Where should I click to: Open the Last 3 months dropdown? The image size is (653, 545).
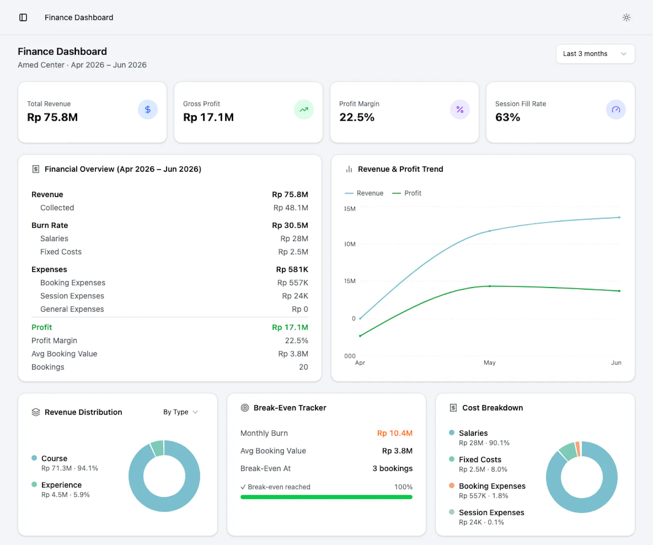click(595, 54)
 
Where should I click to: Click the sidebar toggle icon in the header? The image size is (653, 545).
click(23, 18)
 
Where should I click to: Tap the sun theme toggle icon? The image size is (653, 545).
click(626, 18)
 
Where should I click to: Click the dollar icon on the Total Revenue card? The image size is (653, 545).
click(148, 110)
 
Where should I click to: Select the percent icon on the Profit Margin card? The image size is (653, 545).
click(460, 110)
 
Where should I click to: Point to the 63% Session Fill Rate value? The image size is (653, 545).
click(508, 117)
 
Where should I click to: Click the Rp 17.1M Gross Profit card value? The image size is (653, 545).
click(209, 117)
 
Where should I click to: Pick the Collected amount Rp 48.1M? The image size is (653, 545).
click(291, 208)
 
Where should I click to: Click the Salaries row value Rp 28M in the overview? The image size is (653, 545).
click(294, 239)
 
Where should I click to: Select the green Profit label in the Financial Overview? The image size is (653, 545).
click(42, 327)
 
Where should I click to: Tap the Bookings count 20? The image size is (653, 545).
click(304, 367)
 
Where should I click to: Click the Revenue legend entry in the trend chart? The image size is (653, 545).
click(364, 193)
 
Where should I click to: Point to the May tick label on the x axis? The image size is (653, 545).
click(490, 363)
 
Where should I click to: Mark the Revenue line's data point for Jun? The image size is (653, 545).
click(620, 217)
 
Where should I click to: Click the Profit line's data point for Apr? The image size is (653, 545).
click(360, 336)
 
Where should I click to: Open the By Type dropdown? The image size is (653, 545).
click(180, 412)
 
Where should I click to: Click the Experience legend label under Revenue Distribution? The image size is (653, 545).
click(62, 485)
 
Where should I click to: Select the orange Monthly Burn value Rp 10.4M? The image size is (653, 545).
click(395, 433)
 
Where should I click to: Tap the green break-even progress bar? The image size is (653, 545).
click(326, 497)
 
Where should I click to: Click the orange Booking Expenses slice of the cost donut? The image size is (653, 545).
click(578, 449)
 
